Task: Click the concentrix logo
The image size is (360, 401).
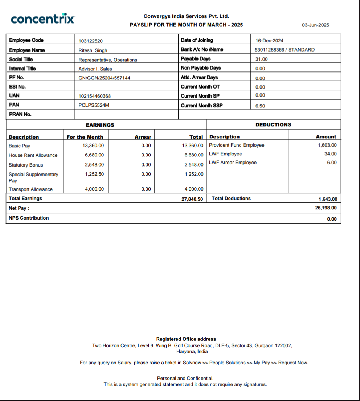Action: click(43, 19)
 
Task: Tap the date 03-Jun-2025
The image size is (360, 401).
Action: click(315, 25)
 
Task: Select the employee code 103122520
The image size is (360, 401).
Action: click(93, 41)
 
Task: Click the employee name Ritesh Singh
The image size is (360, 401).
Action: click(93, 50)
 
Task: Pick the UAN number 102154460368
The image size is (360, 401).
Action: click(95, 96)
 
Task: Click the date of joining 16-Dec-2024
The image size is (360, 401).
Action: click(269, 41)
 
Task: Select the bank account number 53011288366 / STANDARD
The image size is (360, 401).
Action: click(285, 50)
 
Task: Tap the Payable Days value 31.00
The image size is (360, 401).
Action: click(261, 59)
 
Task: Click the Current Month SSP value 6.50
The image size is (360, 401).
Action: click(260, 106)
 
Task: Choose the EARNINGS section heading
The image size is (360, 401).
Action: click(100, 125)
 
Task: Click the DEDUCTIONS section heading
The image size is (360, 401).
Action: click(273, 125)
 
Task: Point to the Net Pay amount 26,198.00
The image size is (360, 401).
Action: click(326, 208)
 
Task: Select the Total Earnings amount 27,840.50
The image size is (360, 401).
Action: click(192, 199)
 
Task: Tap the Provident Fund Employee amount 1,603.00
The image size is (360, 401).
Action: click(327, 145)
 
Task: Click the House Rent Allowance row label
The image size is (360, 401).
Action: click(33, 155)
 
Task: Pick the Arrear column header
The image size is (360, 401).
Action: click(143, 137)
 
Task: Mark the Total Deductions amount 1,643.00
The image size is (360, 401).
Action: click(328, 199)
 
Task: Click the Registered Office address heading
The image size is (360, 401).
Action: click(186, 339)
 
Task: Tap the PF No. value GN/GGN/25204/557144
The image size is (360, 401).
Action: click(104, 78)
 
